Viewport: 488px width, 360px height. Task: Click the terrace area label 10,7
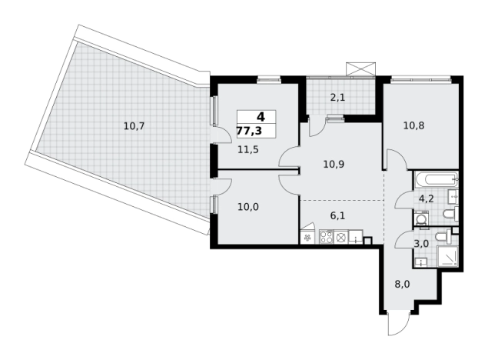pyautogui.click(x=134, y=126)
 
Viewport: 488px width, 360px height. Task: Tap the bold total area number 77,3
pyautogui.click(x=249, y=131)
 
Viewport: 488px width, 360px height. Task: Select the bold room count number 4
pyautogui.click(x=261, y=117)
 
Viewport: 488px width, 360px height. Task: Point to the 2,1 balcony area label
pyautogui.click(x=337, y=98)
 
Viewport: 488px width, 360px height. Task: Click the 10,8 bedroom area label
pyautogui.click(x=414, y=126)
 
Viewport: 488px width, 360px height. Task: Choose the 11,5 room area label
pyautogui.click(x=248, y=150)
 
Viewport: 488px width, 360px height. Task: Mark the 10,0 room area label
pyautogui.click(x=248, y=207)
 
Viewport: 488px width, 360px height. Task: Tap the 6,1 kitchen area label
pyautogui.click(x=337, y=215)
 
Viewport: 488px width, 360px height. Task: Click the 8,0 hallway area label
pyautogui.click(x=402, y=285)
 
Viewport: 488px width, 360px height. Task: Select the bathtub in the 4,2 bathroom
pyautogui.click(x=436, y=180)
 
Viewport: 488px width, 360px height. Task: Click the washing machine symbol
pyautogui.click(x=421, y=218)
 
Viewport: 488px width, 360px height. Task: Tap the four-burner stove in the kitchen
pyautogui.click(x=327, y=237)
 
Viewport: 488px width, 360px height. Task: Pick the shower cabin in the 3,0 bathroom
pyautogui.click(x=447, y=255)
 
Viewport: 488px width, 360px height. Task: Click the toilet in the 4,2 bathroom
pyautogui.click(x=450, y=214)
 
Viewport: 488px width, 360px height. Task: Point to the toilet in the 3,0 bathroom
pyautogui.click(x=443, y=237)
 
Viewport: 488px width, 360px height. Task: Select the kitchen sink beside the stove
pyautogui.click(x=356, y=237)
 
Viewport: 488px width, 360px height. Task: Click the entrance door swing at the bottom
pyautogui.click(x=398, y=323)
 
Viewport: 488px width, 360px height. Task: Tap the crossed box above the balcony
pyautogui.click(x=360, y=69)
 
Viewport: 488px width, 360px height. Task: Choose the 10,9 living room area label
pyautogui.click(x=334, y=164)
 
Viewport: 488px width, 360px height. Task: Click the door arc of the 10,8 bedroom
pyautogui.click(x=397, y=159)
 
